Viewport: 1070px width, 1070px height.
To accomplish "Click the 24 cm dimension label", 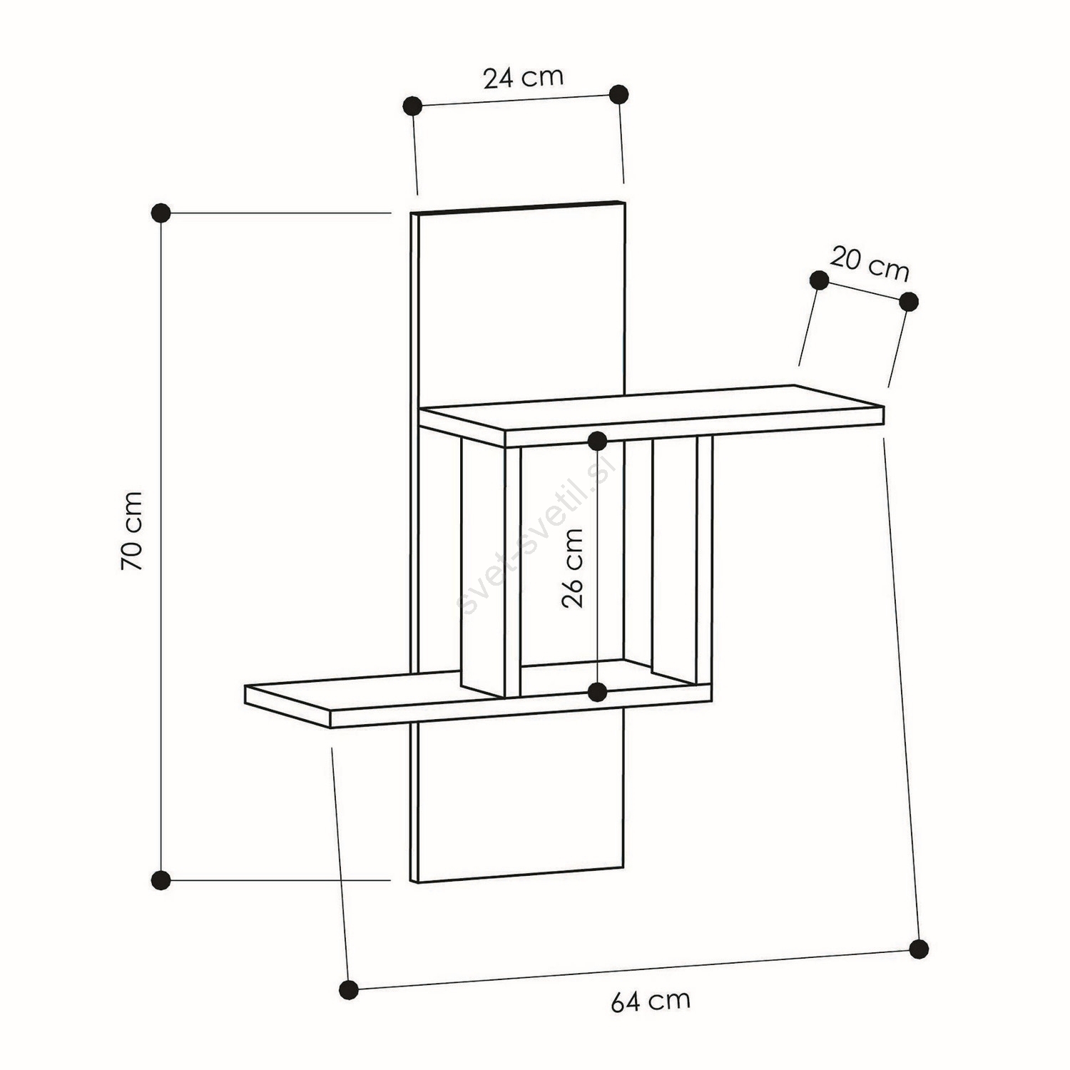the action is pyautogui.click(x=524, y=77).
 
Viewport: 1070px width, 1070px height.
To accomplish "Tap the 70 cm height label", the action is pyautogui.click(x=132, y=530).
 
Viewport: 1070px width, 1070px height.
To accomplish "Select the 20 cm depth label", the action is pyautogui.click(x=870, y=264).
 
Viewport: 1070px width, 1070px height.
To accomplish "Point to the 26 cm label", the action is pyautogui.click(x=573, y=567).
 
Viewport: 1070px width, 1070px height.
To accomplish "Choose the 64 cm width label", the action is pyautogui.click(x=651, y=1001).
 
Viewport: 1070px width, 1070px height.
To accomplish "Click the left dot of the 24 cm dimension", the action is pyautogui.click(x=412, y=106).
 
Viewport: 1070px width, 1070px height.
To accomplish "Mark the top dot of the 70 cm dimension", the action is pyautogui.click(x=161, y=212).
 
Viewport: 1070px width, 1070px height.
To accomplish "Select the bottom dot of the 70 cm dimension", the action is pyautogui.click(x=161, y=880).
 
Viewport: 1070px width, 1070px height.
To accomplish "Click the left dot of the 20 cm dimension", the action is pyautogui.click(x=820, y=280).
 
